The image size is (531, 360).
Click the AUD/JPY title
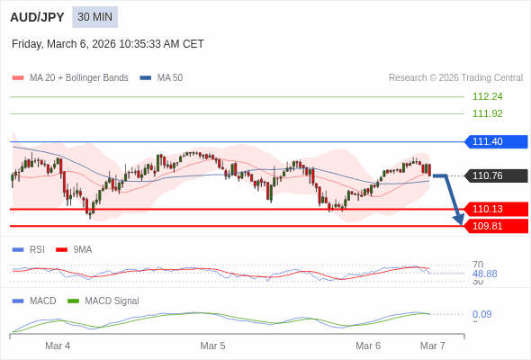tap(38, 17)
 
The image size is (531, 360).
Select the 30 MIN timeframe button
tap(94, 17)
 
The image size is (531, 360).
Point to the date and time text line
tap(108, 43)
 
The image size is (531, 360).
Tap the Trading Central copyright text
tap(455, 78)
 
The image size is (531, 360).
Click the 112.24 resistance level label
tap(487, 96)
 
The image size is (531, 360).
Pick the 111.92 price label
tap(487, 113)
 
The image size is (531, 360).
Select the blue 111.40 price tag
tap(496, 141)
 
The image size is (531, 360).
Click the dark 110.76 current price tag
tap(496, 175)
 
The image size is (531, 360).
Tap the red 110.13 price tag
tap(496, 209)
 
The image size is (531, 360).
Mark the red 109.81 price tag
tap(496, 226)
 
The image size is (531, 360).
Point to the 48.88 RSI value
tap(484, 274)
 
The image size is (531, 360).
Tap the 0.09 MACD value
tap(481, 314)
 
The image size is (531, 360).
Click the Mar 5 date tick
tap(212, 346)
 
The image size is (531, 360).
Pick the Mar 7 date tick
tap(433, 346)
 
